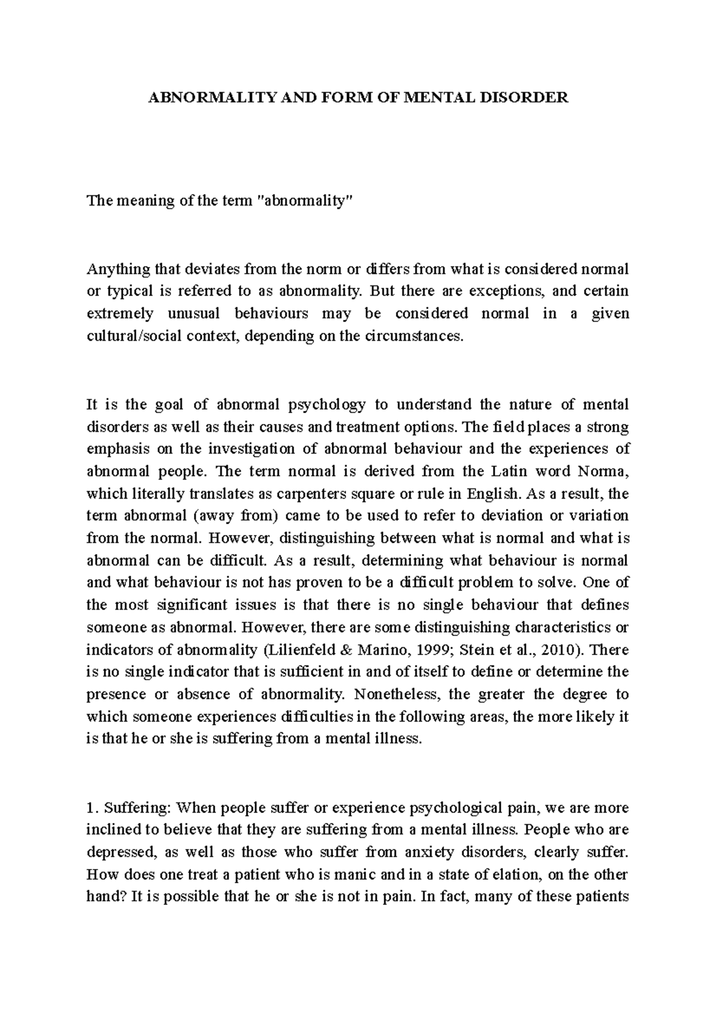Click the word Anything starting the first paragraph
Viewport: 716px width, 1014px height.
click(111, 269)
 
